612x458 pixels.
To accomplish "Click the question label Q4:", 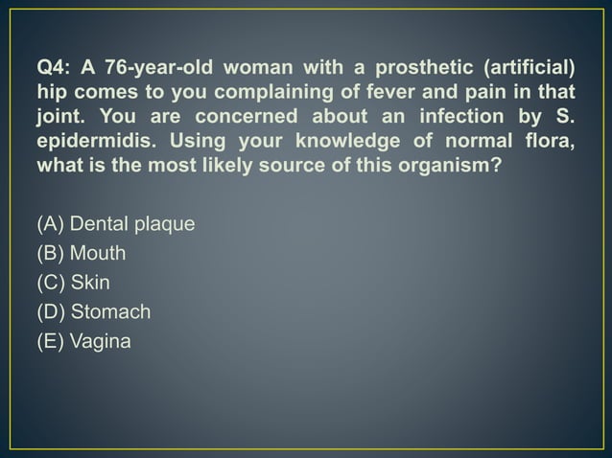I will [x=53, y=68].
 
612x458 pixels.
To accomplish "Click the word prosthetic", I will [x=408, y=68].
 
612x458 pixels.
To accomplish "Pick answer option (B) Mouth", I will [x=82, y=254].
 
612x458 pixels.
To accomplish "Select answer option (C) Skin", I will [x=74, y=283].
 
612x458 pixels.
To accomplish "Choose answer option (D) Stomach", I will [x=93, y=311].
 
